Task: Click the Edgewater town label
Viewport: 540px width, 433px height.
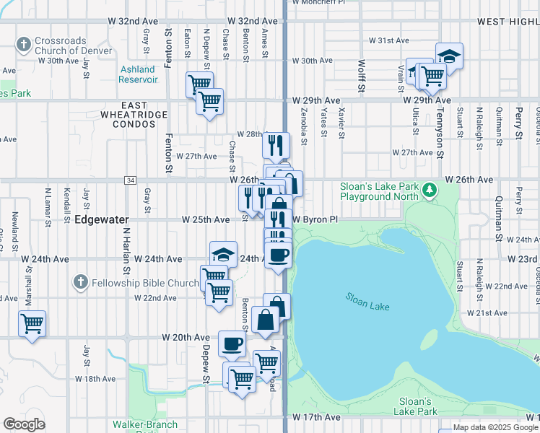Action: pos(101,219)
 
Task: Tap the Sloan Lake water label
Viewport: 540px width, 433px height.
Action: pos(367,302)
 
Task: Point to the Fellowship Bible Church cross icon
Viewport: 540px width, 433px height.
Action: pos(81,281)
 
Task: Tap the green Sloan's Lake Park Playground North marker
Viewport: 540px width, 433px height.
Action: pos(430,190)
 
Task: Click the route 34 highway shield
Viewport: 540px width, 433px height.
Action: pos(130,180)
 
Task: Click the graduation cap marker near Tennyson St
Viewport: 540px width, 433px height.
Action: pos(449,56)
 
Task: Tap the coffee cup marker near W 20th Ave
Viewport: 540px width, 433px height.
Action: pos(232,344)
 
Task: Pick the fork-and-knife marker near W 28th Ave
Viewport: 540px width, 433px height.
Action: pos(276,144)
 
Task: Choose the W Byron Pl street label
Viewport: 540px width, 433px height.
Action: pos(315,219)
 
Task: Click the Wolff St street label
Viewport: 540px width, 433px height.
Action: pos(360,76)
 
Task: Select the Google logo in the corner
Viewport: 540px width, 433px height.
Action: pos(24,424)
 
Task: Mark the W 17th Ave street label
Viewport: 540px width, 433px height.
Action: pos(316,417)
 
